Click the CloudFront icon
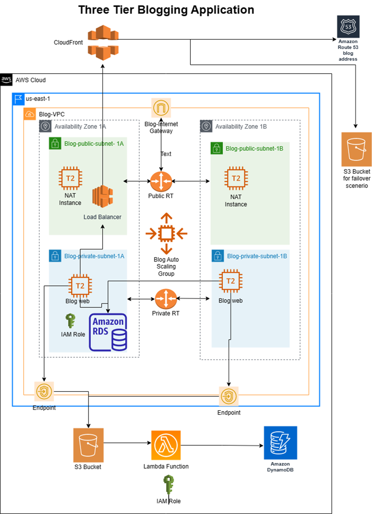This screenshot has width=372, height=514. click(103, 42)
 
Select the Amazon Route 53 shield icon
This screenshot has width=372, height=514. click(348, 27)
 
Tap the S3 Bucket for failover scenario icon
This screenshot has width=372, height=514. click(357, 149)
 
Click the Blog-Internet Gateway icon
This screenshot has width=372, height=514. click(161, 107)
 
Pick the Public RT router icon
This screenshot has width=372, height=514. click(161, 182)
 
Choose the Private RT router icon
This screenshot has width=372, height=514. click(166, 299)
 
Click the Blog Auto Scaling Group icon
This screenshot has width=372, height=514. click(166, 233)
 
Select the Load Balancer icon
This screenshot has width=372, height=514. click(102, 196)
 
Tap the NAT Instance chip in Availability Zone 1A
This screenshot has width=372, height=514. click(70, 178)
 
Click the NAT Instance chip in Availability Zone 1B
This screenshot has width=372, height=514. click(236, 179)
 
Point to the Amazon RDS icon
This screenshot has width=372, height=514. click(108, 332)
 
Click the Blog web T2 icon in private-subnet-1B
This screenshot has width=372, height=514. click(230, 281)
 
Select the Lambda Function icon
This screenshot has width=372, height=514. click(166, 445)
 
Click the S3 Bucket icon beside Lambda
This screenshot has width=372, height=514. click(88, 445)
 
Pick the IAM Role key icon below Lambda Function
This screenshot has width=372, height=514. click(169, 485)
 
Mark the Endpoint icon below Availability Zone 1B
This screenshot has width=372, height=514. click(229, 396)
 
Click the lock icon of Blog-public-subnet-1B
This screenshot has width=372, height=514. click(216, 148)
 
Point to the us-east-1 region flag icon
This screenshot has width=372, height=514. click(19, 99)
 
